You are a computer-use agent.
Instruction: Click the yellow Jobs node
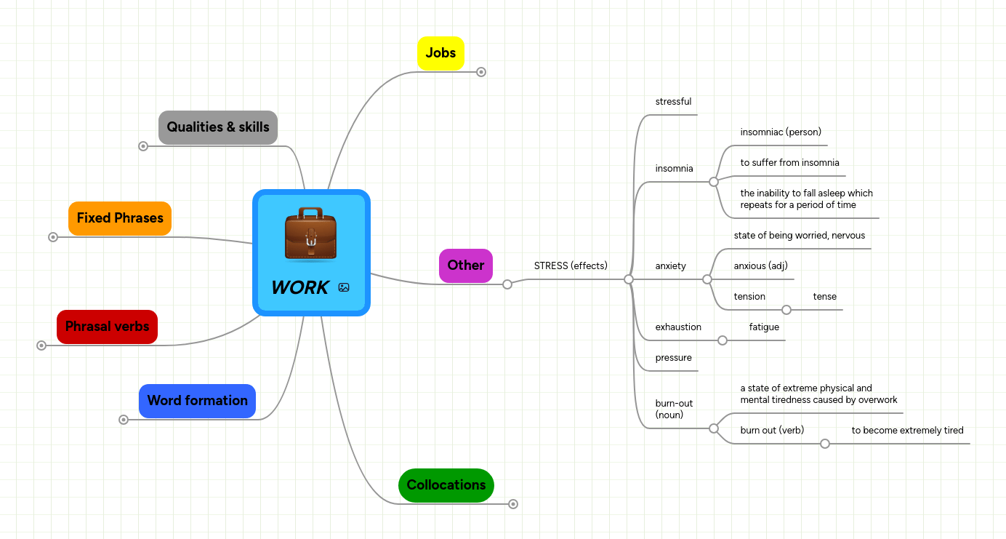440,53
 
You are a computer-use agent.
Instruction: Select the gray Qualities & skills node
218,127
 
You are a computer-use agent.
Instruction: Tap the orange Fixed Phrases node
120,218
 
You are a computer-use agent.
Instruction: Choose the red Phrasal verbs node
107,327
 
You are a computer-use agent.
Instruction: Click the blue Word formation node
197,401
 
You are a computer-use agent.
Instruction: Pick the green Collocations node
446,485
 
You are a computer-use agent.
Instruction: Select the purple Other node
465,265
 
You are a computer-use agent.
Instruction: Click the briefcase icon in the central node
311,233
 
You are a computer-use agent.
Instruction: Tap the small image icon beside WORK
344,287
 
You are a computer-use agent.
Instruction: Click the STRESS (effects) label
570,265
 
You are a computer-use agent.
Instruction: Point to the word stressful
673,102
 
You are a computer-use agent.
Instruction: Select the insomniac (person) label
780,132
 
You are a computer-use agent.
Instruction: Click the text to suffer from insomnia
789,163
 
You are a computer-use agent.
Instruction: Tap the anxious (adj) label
760,266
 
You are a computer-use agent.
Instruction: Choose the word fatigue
764,327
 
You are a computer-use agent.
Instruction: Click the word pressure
673,358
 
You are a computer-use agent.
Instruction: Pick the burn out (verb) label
772,431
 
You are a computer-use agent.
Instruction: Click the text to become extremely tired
907,431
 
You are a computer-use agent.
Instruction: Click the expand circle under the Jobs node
481,72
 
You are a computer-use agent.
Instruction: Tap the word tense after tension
824,297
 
